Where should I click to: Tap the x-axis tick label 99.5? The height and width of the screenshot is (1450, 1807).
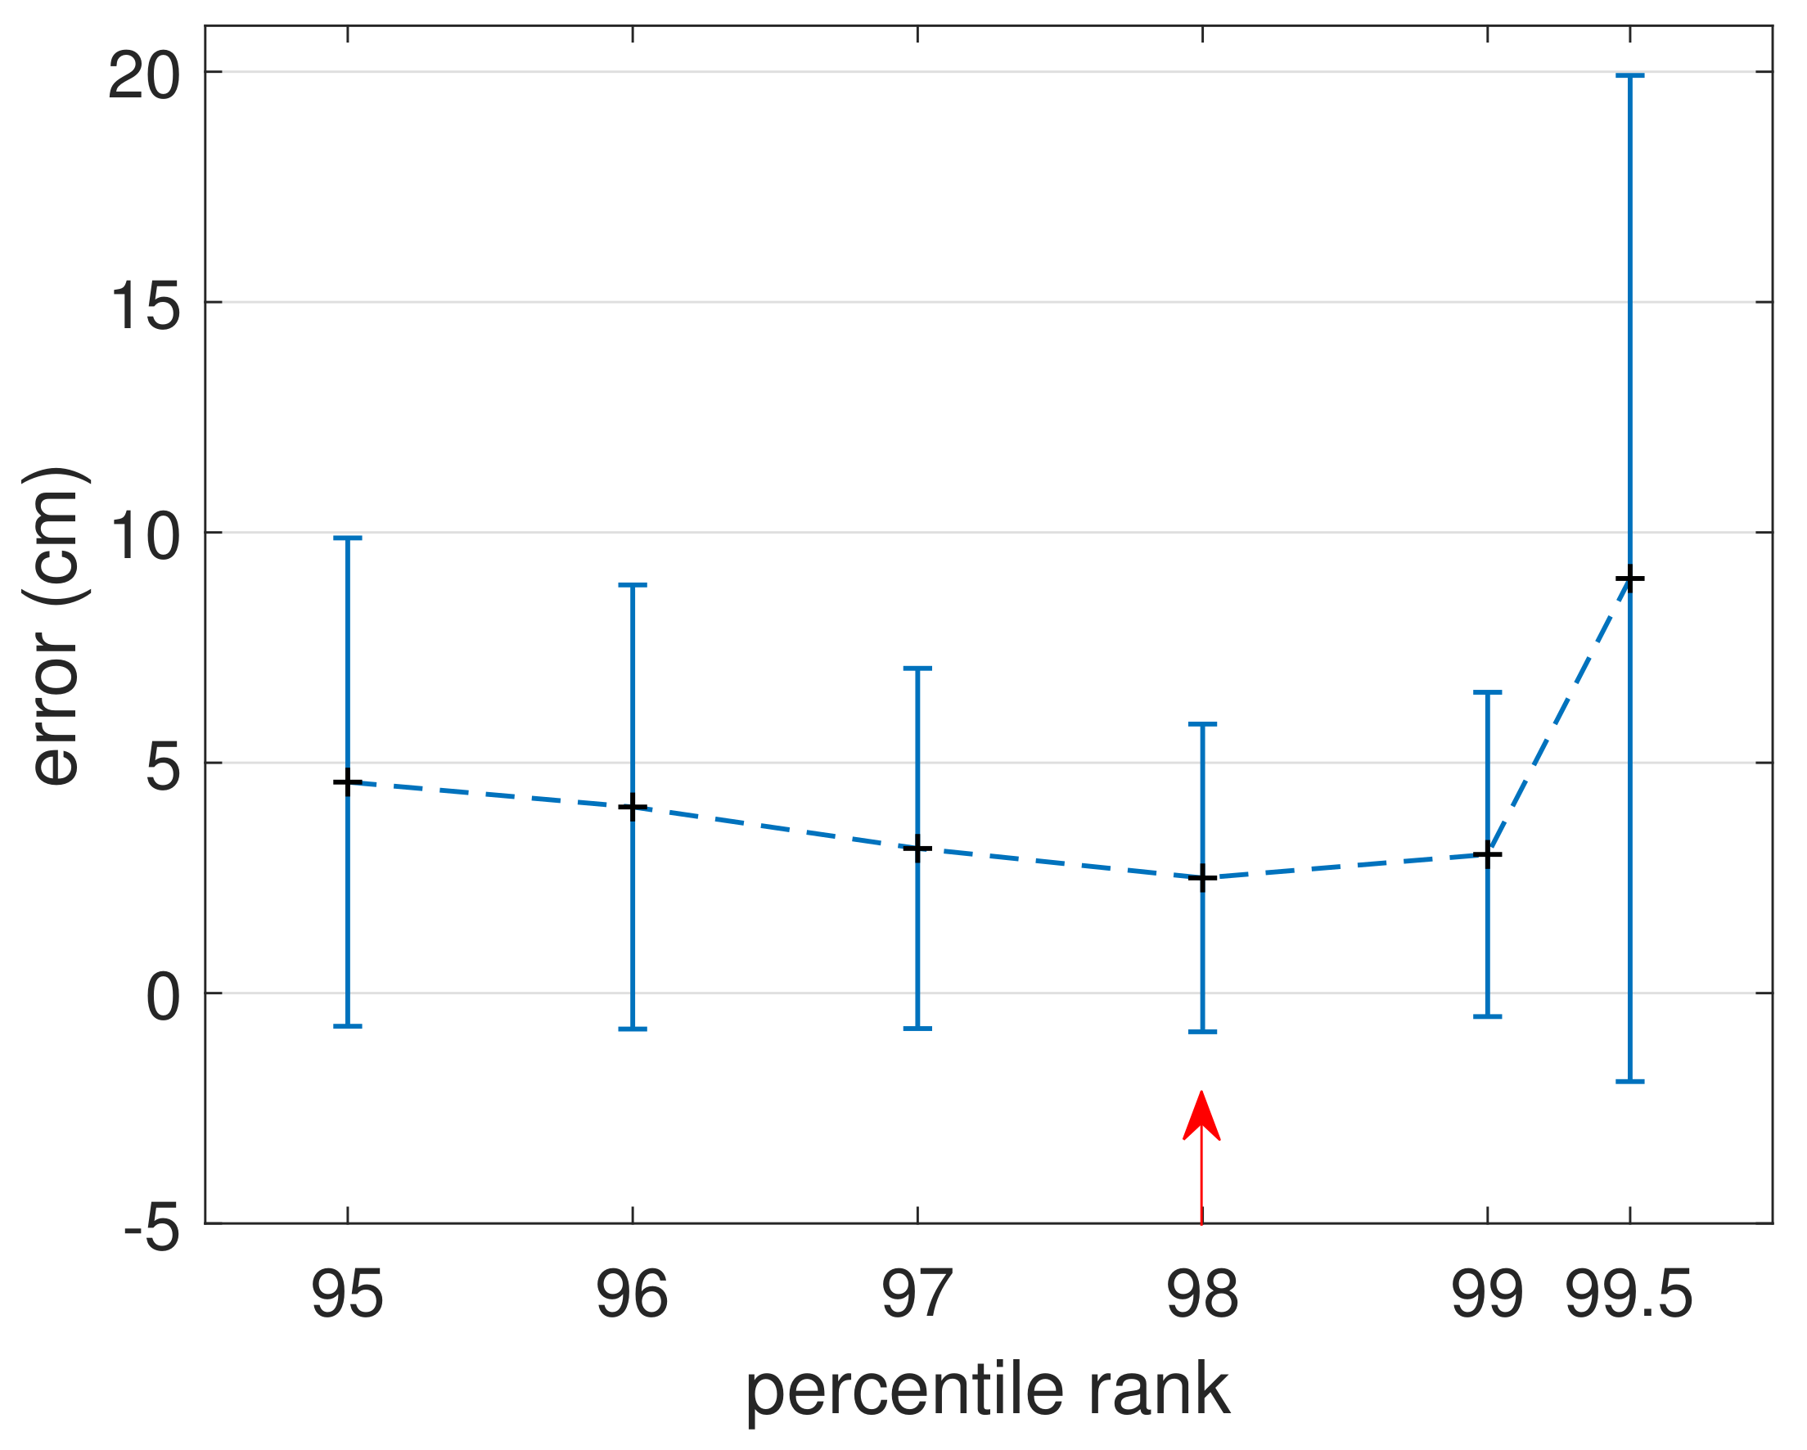coord(1629,1295)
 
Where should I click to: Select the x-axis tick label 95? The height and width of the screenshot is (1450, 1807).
coord(347,1295)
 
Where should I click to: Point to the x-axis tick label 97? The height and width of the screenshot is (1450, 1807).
coord(917,1295)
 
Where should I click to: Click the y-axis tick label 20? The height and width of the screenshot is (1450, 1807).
coord(144,76)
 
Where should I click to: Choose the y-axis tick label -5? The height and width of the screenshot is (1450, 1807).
coord(152,1230)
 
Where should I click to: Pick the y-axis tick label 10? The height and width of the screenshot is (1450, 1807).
coord(144,537)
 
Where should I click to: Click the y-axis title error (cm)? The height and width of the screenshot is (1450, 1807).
coord(56,626)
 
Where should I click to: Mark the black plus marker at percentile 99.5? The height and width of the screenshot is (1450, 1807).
coord(1629,579)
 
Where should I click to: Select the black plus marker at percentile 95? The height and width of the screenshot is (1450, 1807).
coord(347,782)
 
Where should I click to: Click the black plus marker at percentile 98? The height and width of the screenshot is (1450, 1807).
coord(1202,878)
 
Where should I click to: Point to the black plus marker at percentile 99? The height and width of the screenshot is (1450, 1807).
coord(1487,855)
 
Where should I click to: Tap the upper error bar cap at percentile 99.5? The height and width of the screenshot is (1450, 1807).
coord(1629,76)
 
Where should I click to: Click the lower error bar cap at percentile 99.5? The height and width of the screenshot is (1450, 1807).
coord(1629,1082)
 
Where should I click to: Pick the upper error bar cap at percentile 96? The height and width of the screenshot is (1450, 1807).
coord(632,585)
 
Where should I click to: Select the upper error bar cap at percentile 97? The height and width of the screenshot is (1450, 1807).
coord(917,669)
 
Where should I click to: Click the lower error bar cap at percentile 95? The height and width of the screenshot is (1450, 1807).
coord(347,1026)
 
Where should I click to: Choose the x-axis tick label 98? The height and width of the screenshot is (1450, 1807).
coord(1202,1295)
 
